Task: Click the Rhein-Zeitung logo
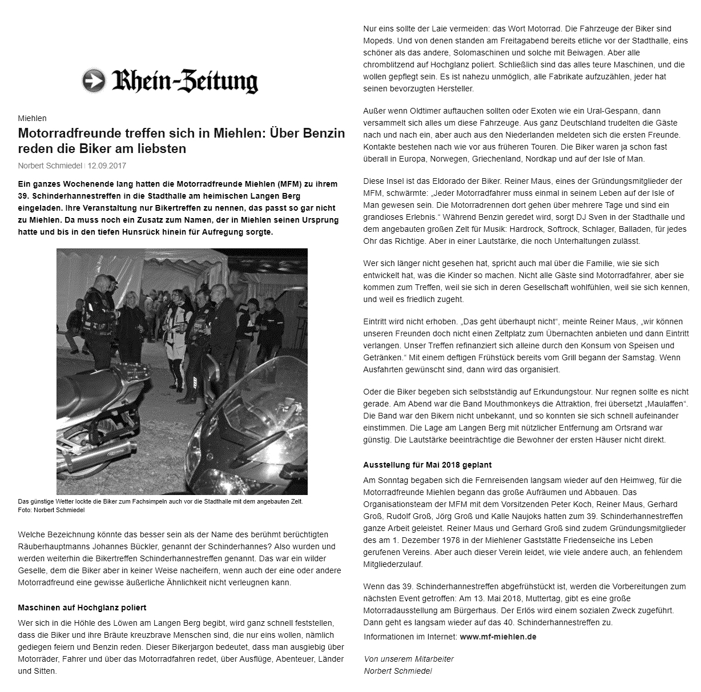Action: (184, 81)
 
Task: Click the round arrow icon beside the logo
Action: (94, 81)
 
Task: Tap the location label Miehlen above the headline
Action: (32, 118)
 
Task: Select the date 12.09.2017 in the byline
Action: (107, 166)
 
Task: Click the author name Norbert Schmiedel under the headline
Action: (50, 166)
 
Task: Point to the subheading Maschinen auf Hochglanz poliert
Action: (82, 607)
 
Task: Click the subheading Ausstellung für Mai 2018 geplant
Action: (428, 465)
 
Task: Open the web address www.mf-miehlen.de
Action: (498, 636)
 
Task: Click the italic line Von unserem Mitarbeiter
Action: (409, 659)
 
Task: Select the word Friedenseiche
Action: (586, 540)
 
